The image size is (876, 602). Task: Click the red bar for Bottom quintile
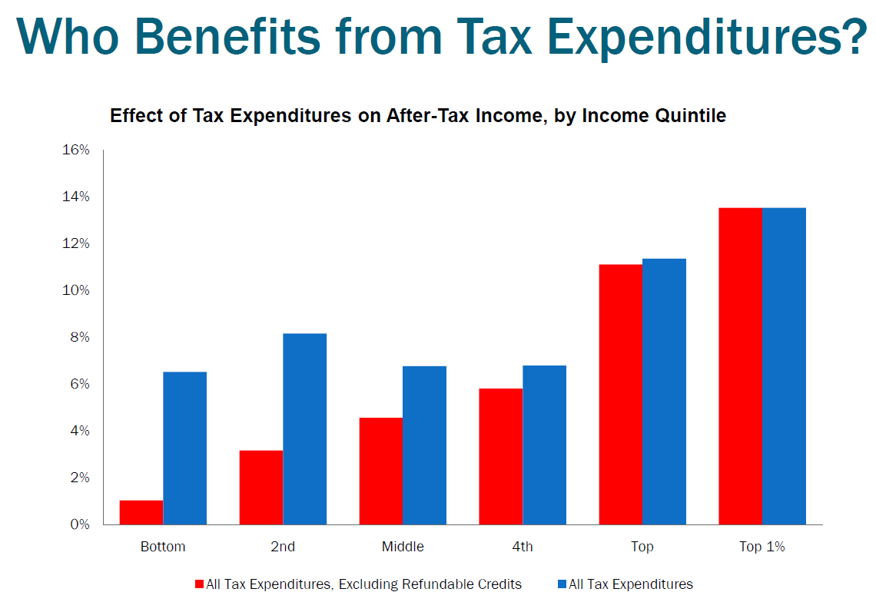(141, 512)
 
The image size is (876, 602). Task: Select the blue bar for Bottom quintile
(185, 448)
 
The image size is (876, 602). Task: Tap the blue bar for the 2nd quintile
(305, 429)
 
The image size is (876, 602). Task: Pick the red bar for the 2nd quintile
(261, 488)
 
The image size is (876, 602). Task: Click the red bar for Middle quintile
(381, 471)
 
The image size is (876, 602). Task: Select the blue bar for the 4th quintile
(545, 445)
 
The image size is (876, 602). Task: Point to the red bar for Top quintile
(621, 395)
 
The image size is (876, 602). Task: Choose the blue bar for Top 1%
(785, 366)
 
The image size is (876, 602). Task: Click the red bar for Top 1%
(740, 366)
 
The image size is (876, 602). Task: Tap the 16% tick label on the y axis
(76, 150)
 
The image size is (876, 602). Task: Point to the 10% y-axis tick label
(76, 290)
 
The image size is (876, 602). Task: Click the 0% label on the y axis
(80, 524)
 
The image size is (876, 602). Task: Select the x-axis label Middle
(403, 547)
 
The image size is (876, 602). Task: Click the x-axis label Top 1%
(762, 547)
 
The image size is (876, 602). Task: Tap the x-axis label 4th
(523, 547)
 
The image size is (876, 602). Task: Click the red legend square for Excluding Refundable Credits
(200, 584)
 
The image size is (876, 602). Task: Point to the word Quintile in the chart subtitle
(693, 116)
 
